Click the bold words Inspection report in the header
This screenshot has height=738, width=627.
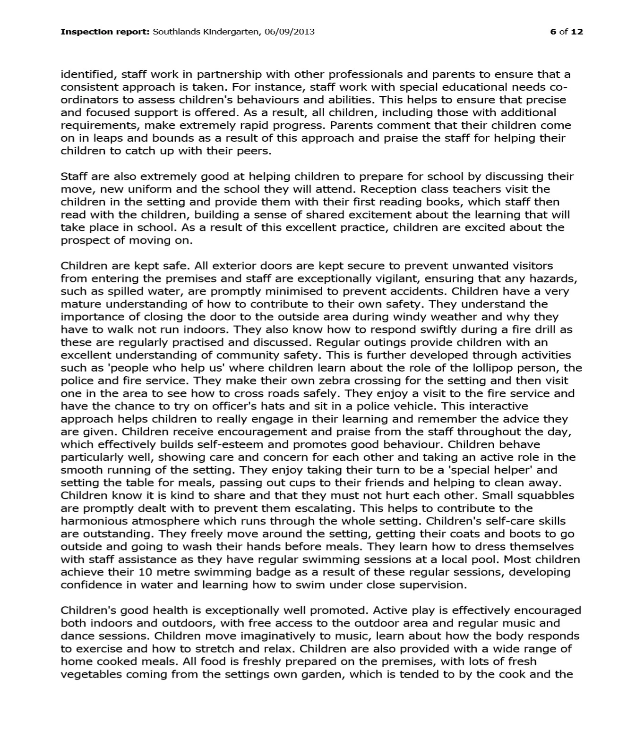105,32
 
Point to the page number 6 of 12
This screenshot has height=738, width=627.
567,32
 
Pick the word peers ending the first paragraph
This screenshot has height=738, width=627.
255,152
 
